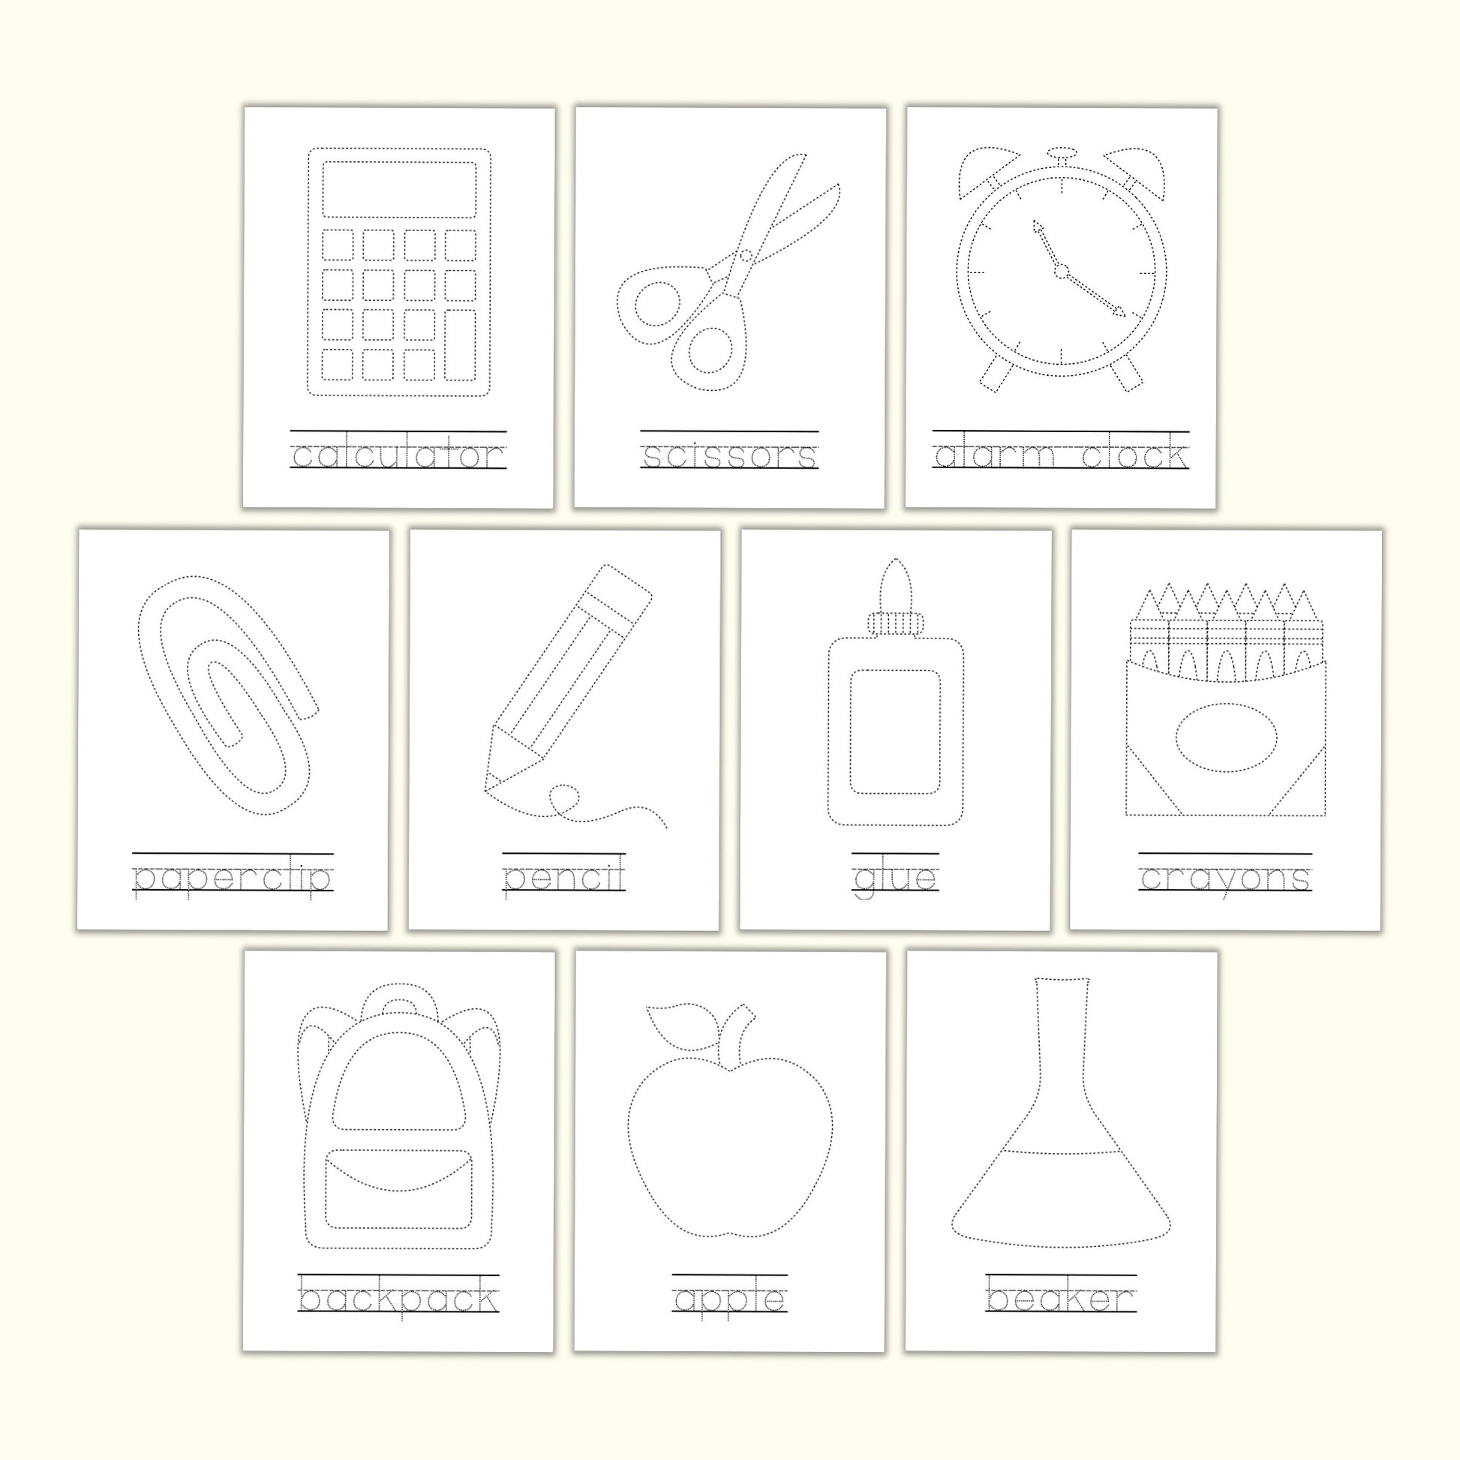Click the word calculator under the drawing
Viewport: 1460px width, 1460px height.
point(398,455)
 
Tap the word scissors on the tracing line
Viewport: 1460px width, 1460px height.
point(729,456)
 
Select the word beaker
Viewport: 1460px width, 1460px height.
point(1061,1299)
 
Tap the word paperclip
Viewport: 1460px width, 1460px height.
point(233,879)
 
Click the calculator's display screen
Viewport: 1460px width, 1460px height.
point(399,189)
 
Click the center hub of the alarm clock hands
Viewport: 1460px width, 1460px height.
point(1061,271)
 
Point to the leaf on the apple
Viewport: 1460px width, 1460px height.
point(681,1026)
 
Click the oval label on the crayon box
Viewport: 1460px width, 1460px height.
point(1227,737)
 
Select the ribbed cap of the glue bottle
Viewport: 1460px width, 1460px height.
point(896,623)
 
